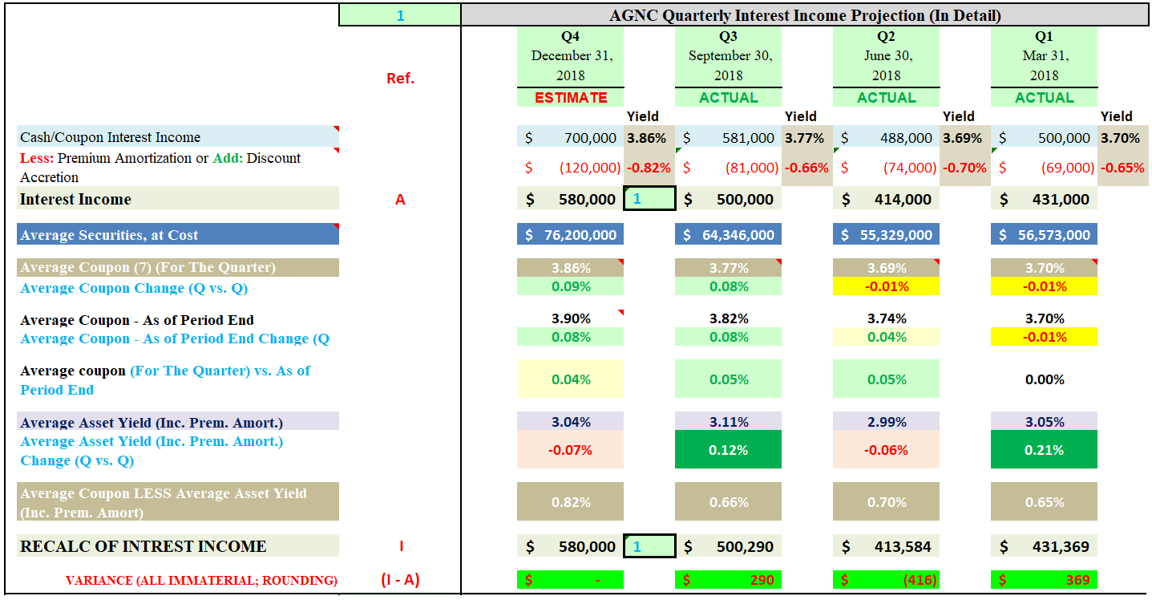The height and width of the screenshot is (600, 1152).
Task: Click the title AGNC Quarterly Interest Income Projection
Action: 805,15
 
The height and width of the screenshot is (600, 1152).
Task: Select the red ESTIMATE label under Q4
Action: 570,97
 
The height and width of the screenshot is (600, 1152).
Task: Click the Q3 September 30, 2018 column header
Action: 728,56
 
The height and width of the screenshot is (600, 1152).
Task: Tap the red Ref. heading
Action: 400,79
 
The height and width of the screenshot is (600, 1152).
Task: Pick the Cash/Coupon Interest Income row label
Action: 111,137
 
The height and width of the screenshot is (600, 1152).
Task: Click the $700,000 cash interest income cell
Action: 570,137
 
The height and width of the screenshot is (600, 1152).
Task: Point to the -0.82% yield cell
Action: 648,168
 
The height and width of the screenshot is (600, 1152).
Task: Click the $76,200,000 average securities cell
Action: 570,235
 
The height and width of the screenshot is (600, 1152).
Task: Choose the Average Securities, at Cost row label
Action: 109,235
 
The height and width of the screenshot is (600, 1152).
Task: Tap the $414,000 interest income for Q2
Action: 886,199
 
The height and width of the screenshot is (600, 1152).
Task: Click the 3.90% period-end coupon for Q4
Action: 570,318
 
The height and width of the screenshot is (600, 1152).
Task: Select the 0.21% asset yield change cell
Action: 1044,450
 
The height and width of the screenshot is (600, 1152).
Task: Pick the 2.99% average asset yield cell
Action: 886,421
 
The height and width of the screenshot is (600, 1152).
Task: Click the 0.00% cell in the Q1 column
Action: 1044,379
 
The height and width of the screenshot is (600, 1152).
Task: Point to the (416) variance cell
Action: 886,579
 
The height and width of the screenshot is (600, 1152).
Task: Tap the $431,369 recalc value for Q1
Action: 1044,546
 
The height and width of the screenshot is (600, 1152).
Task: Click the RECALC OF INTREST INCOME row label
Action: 143,546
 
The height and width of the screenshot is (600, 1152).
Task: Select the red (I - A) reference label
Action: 400,579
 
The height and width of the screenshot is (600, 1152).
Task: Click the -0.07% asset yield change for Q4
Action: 570,450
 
